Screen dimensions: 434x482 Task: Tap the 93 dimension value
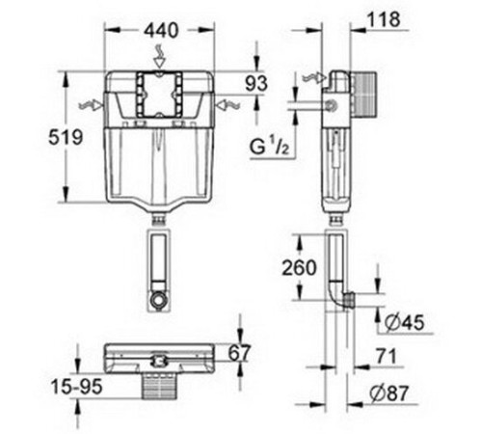point(254,84)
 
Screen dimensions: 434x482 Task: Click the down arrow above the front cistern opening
point(159,60)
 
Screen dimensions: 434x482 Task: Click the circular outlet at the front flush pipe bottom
point(160,300)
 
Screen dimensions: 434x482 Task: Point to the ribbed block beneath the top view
point(159,385)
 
